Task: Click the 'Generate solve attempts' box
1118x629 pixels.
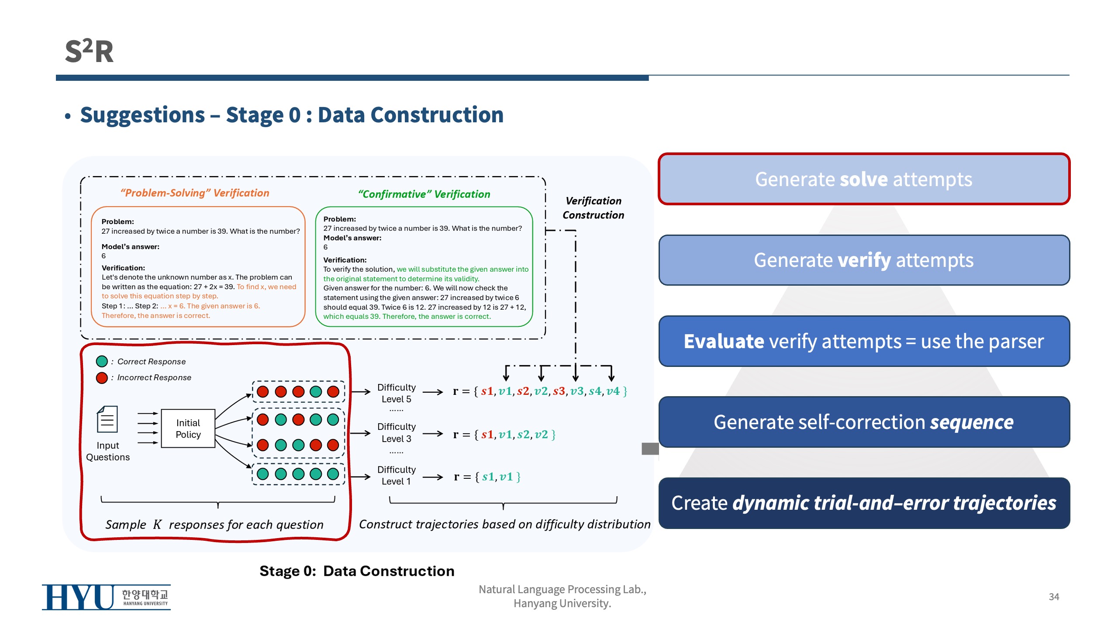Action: click(864, 179)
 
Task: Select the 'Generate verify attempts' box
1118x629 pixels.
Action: click(864, 260)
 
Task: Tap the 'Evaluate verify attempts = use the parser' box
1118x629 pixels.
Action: click(864, 341)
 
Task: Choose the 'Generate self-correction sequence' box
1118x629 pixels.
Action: click(864, 422)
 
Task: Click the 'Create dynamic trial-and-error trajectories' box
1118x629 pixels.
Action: click(864, 503)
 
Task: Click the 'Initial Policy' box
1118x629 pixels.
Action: click(188, 429)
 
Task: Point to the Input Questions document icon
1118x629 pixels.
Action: click(107, 419)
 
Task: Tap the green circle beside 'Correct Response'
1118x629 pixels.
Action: click(102, 361)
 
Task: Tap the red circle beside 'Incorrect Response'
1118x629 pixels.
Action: click(102, 377)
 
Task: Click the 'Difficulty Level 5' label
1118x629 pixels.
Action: click(396, 393)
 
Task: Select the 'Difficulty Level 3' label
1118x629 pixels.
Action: click(396, 432)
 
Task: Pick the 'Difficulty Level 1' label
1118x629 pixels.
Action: click(396, 475)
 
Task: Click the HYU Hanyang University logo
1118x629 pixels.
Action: click(106, 597)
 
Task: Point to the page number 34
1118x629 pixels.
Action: click(1054, 597)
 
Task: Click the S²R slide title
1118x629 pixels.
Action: click(89, 51)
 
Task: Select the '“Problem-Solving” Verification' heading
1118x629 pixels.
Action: click(195, 193)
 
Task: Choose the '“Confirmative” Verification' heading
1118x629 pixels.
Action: click(424, 194)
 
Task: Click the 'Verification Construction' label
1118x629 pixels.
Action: click(593, 208)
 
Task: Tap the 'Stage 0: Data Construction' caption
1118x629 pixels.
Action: click(357, 571)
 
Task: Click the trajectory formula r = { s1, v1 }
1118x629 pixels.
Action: click(487, 477)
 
